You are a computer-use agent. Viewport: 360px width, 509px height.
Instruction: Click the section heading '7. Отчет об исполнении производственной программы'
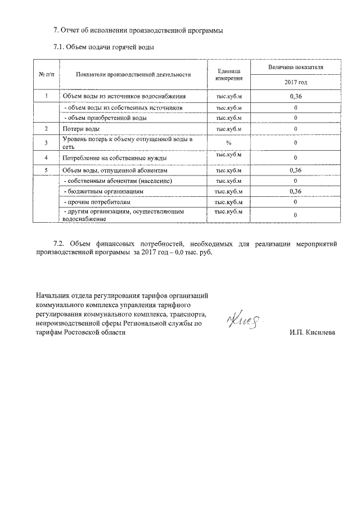pos(138,30)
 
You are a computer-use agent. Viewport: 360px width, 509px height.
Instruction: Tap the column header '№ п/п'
pos(46,74)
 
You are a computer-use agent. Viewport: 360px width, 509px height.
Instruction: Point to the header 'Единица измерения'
pos(228,74)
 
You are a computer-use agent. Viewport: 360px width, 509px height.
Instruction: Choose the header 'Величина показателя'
pos(295,67)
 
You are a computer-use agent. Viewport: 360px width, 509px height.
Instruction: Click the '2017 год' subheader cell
pos(295,82)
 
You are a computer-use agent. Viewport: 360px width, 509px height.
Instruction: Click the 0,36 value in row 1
pos(295,97)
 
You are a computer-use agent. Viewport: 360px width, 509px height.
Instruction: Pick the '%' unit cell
pos(228,142)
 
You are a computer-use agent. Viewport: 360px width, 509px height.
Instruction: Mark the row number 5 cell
pos(46,170)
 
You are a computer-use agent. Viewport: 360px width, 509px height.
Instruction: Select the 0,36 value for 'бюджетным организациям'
pos(295,191)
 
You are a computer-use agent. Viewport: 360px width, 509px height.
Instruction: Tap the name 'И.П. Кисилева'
pos(312,332)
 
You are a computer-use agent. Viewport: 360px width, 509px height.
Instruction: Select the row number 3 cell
pos(46,142)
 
